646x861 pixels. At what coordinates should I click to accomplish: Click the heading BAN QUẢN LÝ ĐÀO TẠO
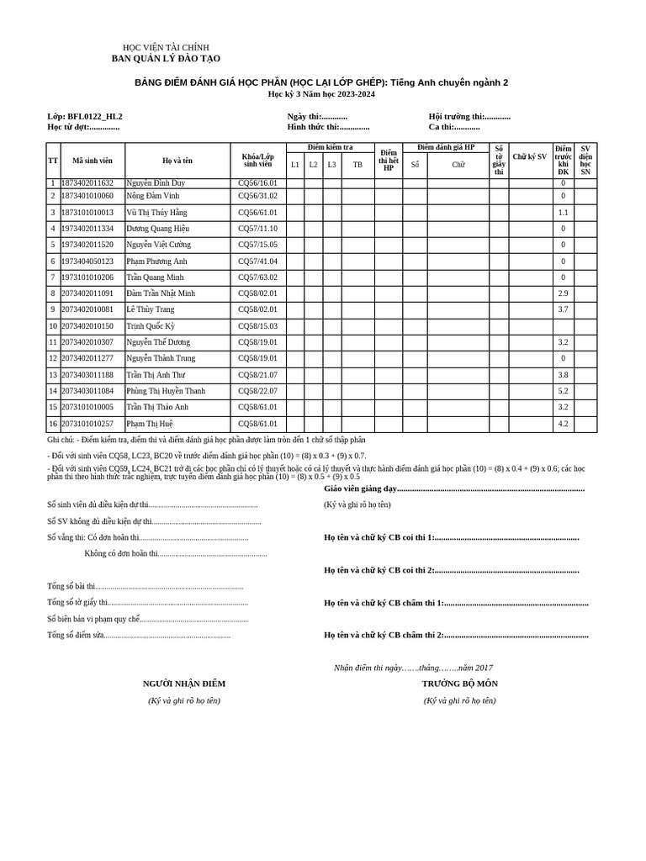(166, 59)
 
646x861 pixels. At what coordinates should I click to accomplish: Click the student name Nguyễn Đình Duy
(156, 182)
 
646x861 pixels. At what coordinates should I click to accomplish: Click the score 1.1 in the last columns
(563, 213)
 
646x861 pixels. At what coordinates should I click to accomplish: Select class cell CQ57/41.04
(257, 261)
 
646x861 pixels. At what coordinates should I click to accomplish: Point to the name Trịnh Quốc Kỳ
(151, 326)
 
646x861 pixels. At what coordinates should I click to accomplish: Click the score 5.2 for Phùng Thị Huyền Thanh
(563, 391)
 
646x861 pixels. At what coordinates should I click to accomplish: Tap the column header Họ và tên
(177, 160)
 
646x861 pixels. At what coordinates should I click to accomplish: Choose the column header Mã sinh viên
(93, 160)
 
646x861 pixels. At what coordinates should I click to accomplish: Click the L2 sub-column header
(313, 165)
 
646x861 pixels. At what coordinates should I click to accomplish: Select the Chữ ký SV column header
(529, 157)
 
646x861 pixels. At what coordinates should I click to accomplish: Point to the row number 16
(53, 424)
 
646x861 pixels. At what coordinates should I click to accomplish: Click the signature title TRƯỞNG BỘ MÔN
(459, 684)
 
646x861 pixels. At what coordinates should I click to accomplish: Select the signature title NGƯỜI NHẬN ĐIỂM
(184, 684)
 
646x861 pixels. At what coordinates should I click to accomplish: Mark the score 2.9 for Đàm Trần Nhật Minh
(563, 293)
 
